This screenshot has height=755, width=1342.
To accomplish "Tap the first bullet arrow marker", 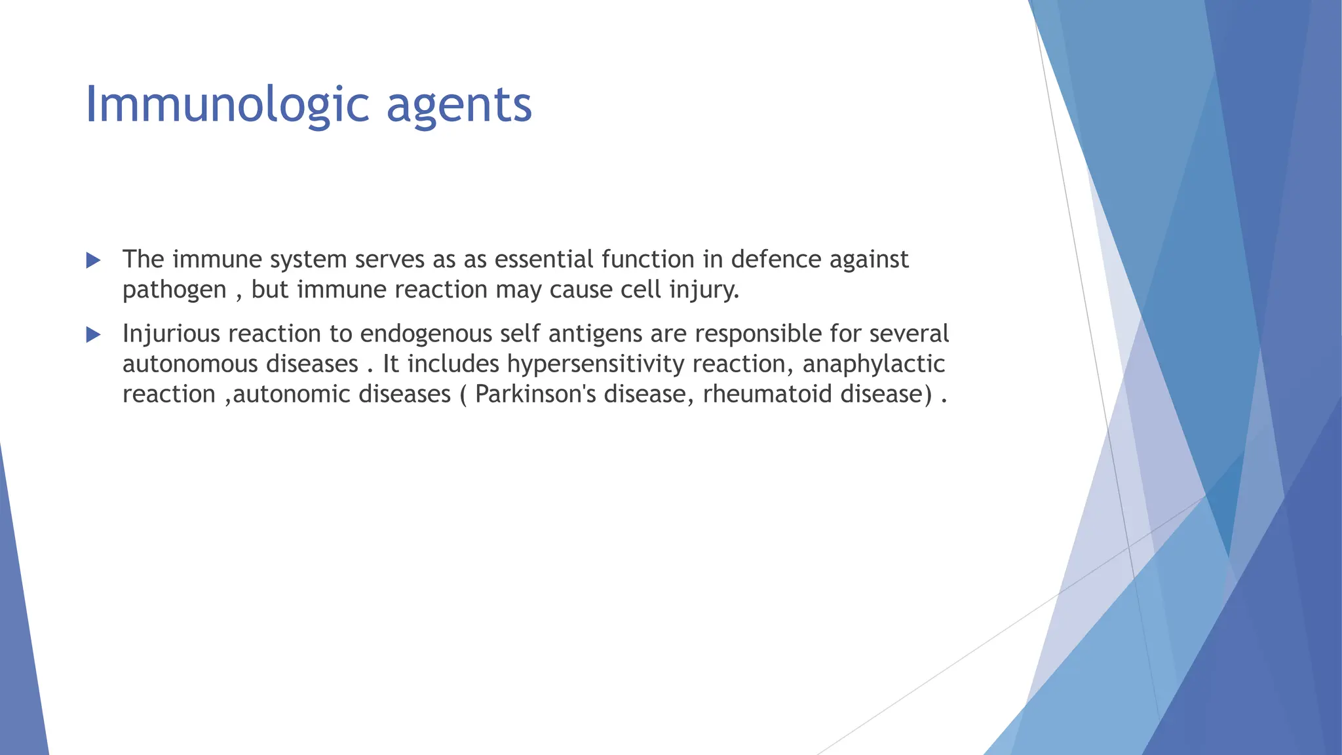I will tap(93, 261).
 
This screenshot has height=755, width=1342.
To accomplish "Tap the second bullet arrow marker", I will tap(93, 336).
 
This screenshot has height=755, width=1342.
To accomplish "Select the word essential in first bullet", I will tap(544, 260).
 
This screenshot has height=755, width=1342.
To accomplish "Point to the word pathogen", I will tap(174, 290).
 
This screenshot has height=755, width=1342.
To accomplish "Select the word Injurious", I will tap(171, 334).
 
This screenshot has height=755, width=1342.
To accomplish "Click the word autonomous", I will tap(190, 364).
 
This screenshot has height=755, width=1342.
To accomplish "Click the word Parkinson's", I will tap(535, 394).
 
